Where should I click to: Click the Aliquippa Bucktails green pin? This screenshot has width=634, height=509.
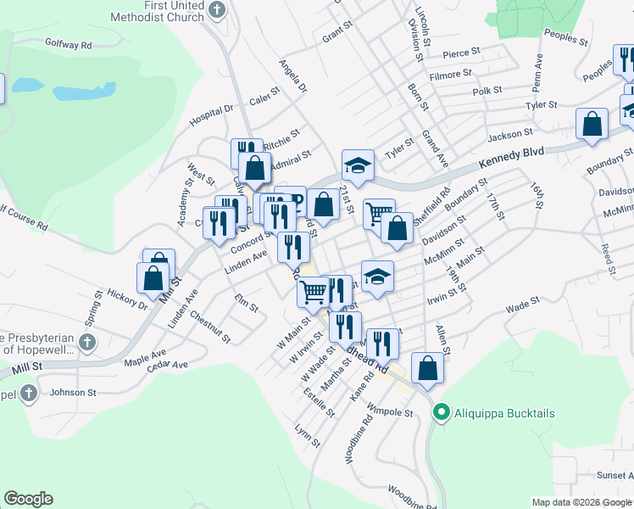(440, 413)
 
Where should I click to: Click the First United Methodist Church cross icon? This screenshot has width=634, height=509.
(218, 10)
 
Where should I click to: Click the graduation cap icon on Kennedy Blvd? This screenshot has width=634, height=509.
(358, 165)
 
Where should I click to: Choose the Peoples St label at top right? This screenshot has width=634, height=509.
(566, 38)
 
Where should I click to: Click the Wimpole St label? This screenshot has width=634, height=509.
(391, 413)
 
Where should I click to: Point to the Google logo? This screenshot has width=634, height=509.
(28, 499)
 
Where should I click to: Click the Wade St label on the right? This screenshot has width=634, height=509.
(522, 304)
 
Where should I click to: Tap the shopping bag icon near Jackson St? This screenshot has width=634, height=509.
(592, 123)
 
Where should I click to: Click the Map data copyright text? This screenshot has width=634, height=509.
(581, 502)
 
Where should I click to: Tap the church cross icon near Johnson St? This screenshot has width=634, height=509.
(29, 394)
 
